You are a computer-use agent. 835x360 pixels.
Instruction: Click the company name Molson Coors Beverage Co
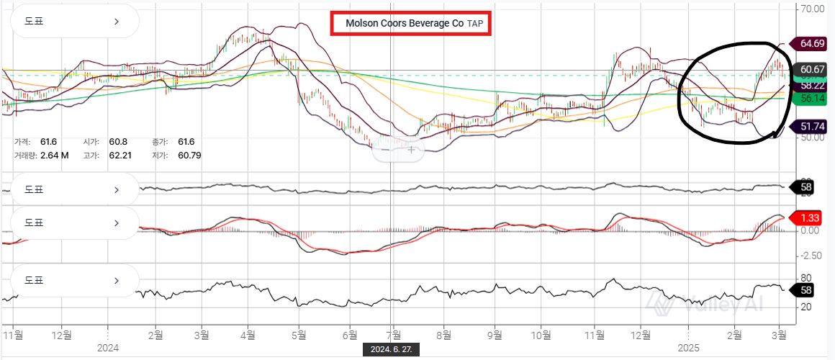click(x=404, y=23)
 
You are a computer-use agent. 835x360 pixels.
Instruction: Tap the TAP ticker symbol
click(x=475, y=23)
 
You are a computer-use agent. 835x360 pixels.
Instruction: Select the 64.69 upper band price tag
click(x=811, y=44)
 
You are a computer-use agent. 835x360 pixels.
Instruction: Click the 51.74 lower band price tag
click(x=811, y=127)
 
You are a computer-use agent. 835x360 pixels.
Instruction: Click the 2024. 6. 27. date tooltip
click(x=391, y=349)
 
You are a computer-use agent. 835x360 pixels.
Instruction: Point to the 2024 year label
click(x=107, y=348)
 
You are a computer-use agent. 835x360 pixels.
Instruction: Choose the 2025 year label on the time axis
click(x=689, y=348)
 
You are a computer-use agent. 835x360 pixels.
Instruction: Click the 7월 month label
click(x=392, y=335)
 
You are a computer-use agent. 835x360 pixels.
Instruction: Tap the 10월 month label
click(x=541, y=335)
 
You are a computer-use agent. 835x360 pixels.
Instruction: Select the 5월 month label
click(x=299, y=335)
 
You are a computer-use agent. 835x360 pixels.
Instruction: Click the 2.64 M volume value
click(x=54, y=155)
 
